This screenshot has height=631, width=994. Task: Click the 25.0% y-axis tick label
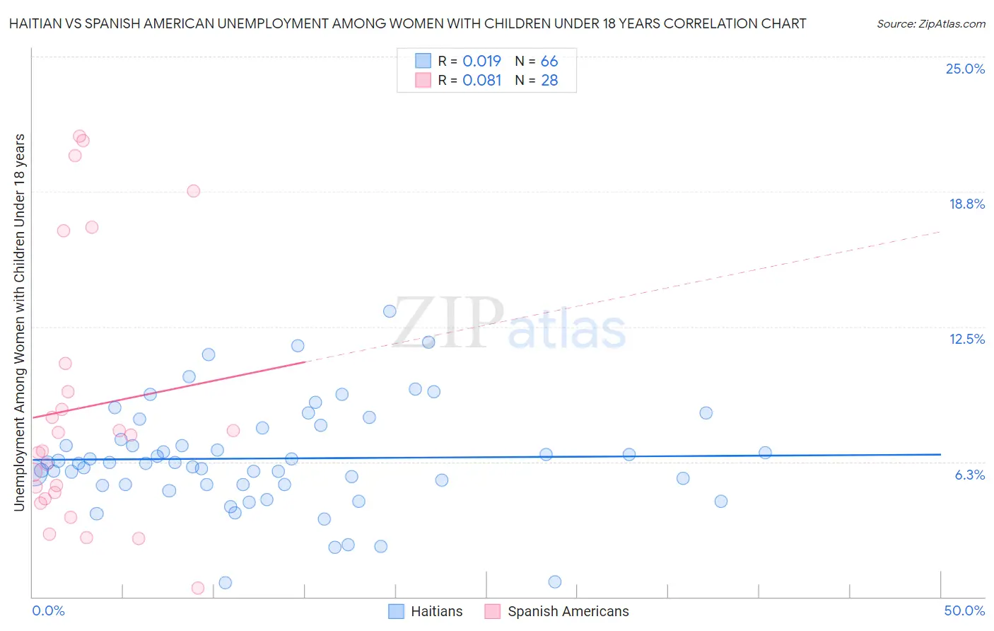[x=965, y=69]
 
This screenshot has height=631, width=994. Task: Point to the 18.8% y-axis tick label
[x=966, y=204]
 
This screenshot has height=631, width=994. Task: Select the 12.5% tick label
[x=966, y=339]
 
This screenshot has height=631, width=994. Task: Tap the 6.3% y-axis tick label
[x=969, y=475]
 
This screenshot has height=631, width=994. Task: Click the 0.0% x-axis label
[x=48, y=610]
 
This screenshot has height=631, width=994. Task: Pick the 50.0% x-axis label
[x=964, y=610]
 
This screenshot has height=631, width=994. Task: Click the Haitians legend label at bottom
[x=436, y=611]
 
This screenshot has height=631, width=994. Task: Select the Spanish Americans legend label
[x=568, y=611]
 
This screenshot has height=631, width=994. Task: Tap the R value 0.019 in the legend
[x=481, y=61]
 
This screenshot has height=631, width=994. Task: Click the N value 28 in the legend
[x=549, y=80]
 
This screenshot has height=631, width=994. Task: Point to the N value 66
[x=549, y=61]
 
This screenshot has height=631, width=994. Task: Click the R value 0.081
[x=481, y=80]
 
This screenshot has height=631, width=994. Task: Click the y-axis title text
[x=19, y=322]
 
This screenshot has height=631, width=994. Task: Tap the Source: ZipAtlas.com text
[x=930, y=23]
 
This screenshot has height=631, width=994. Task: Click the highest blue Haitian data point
[x=390, y=311]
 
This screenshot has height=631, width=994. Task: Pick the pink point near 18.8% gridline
[x=194, y=191]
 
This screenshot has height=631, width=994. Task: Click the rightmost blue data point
[x=765, y=453]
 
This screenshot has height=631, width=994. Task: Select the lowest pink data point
[x=198, y=588]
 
